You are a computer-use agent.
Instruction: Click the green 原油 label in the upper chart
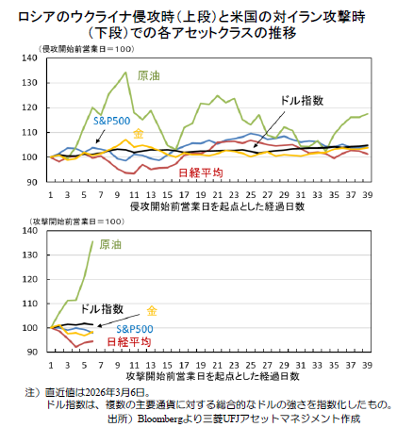(149, 75)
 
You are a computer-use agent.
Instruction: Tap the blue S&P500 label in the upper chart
(111, 121)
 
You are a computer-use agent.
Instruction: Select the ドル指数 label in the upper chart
(302, 101)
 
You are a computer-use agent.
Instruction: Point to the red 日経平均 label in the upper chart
(201, 172)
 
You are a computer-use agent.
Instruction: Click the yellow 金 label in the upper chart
(139, 134)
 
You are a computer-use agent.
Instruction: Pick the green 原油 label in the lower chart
(110, 244)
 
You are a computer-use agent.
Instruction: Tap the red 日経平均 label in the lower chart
(129, 342)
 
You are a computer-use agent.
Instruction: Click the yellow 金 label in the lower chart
(152, 311)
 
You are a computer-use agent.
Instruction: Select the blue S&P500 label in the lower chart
(135, 329)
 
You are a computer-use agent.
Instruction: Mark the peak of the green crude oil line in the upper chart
(125, 73)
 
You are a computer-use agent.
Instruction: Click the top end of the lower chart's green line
(92, 241)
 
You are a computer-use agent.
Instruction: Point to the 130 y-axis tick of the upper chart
(30, 83)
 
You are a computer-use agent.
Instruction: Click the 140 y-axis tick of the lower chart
(30, 230)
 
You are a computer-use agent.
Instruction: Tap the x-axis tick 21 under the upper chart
(217, 195)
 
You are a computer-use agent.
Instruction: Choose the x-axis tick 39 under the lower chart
(368, 365)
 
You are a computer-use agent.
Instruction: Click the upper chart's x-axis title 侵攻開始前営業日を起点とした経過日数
(217, 206)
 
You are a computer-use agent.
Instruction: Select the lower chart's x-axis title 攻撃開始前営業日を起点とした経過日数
(212, 376)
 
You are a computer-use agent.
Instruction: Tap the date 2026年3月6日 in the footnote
(115, 392)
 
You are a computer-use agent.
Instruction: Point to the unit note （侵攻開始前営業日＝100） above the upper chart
(87, 49)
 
